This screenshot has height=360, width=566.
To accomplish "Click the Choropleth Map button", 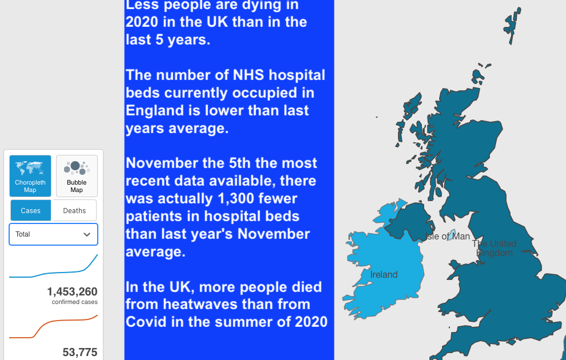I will (30, 176).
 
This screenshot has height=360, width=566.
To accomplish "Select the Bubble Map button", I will (77, 176).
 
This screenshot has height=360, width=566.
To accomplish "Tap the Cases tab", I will (31, 210).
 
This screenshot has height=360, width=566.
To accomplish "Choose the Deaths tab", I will (74, 210).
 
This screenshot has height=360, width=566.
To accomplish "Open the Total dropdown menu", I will (53, 234).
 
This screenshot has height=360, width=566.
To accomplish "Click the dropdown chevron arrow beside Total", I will (87, 234).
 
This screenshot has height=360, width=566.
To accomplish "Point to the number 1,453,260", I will (72, 292).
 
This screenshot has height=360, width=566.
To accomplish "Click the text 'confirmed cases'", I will (74, 302).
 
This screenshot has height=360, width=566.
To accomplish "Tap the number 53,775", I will (79, 352).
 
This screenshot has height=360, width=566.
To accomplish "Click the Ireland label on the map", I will (384, 275).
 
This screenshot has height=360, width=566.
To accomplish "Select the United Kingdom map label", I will (494, 248).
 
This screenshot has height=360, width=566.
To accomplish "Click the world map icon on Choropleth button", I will (30, 167).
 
